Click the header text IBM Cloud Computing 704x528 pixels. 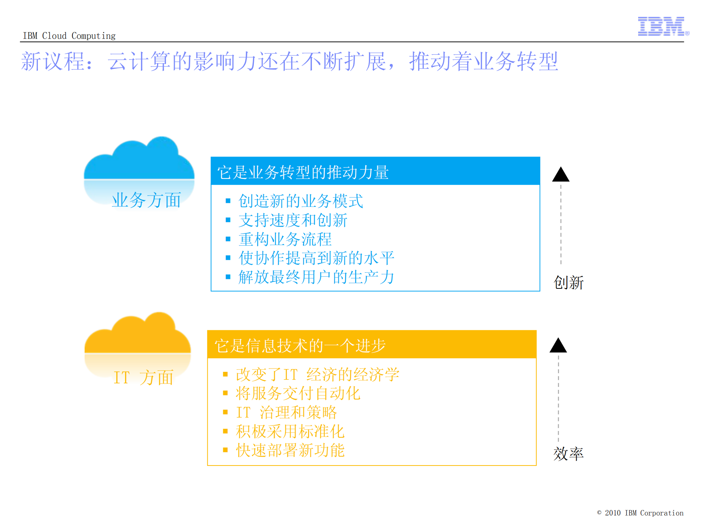(69, 36)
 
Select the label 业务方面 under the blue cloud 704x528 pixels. (146, 200)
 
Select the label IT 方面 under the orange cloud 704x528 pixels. (143, 378)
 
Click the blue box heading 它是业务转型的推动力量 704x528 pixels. (303, 172)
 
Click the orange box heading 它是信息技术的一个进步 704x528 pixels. (300, 346)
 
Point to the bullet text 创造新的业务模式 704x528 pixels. (301, 201)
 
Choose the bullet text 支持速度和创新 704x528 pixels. (293, 220)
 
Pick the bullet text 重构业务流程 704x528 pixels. (285, 239)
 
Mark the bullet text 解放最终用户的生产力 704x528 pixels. (316, 277)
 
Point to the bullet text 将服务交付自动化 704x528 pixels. (298, 394)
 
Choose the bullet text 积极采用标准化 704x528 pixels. (290, 431)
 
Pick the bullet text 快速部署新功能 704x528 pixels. (290, 450)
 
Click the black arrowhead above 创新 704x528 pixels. (561, 175)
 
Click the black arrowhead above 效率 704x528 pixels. (558, 346)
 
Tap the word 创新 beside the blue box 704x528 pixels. (569, 283)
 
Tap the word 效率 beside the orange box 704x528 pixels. (568, 454)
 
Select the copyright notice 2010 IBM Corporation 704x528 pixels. (640, 513)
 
